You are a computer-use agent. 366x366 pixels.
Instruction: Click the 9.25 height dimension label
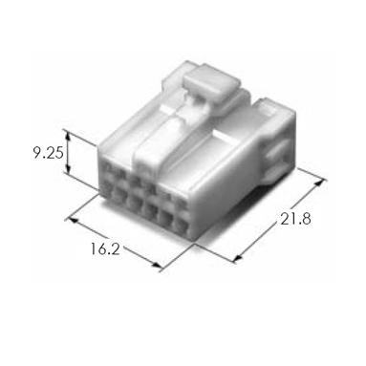tap(49, 153)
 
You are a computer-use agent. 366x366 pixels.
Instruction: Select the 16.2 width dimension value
tap(105, 248)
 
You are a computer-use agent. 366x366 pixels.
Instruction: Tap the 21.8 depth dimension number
tap(295, 219)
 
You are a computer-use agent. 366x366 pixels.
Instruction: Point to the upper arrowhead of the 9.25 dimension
tap(67, 136)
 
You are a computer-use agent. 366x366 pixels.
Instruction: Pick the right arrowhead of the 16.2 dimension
tap(155, 265)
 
